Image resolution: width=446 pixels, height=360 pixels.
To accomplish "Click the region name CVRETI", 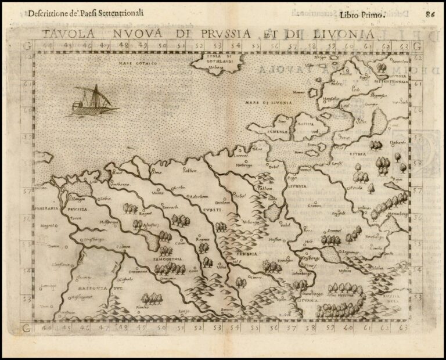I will (211, 210).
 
